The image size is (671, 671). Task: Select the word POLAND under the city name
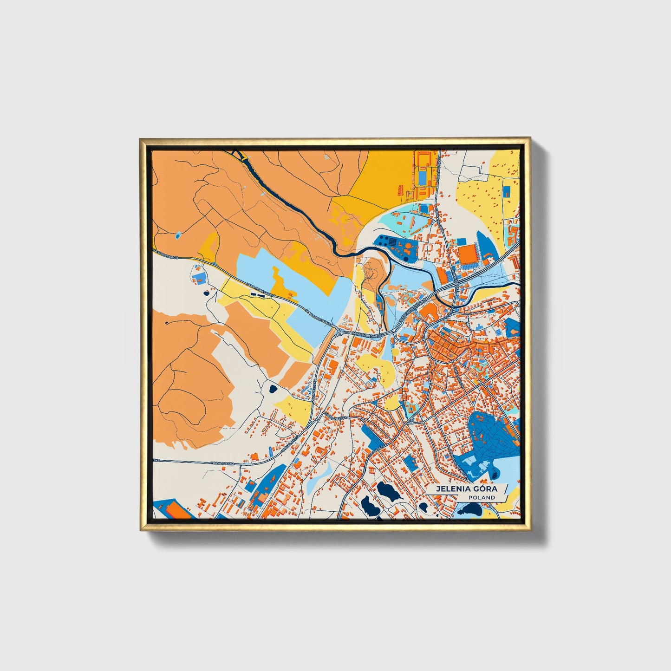(x=482, y=497)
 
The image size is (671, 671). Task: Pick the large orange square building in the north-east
(x=468, y=255)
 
